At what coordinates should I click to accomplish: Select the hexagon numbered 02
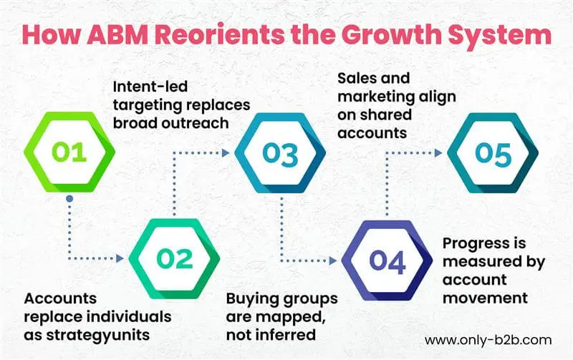(x=174, y=258)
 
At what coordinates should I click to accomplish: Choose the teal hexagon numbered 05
(x=493, y=154)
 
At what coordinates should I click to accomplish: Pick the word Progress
(x=469, y=243)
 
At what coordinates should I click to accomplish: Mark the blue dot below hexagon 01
(x=69, y=198)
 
